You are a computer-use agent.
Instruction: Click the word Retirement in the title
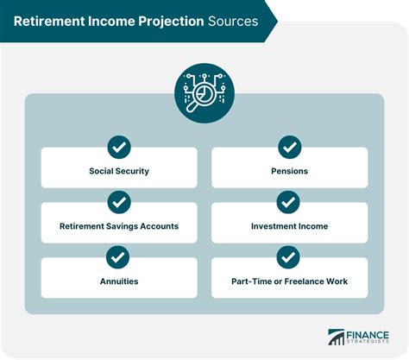[49, 22]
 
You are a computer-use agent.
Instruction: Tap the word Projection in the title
[171, 22]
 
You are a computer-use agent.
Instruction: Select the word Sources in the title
[233, 22]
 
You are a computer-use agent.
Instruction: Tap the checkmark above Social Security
[119, 147]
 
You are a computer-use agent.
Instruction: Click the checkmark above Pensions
[290, 147]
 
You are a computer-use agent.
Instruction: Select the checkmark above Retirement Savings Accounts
[119, 202]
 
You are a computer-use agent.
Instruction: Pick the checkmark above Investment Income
[288, 202]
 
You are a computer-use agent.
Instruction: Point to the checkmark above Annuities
[117, 257]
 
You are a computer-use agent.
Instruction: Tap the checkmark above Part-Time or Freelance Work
[288, 257]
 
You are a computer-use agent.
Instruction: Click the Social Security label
[119, 171]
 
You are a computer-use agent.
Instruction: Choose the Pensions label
[290, 171]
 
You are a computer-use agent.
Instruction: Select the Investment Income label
[290, 226]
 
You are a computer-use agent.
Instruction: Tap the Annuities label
[119, 281]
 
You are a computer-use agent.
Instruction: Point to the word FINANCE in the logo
[368, 335]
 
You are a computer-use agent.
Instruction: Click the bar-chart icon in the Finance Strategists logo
[337, 338]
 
